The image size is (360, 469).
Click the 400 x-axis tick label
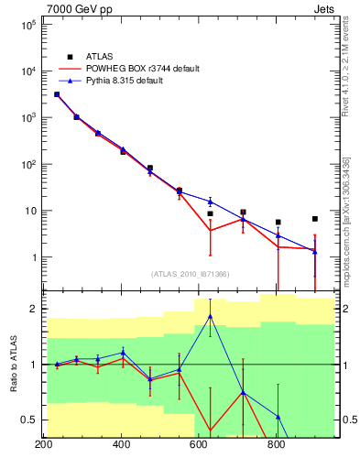(121, 446)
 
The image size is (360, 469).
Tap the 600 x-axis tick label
(199, 446)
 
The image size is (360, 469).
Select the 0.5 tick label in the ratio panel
(27, 420)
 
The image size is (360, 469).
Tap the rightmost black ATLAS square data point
(314, 219)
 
